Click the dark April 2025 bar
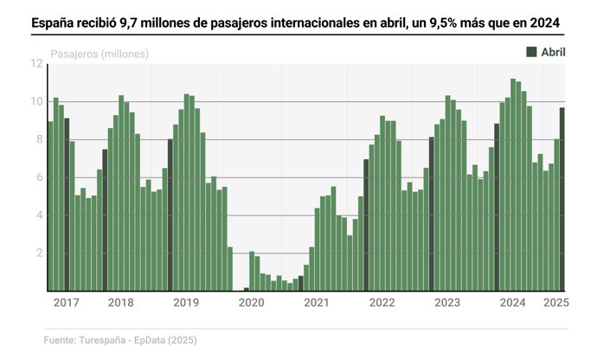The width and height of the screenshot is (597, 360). (x=562, y=199)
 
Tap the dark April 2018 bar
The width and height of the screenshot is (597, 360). (x=105, y=220)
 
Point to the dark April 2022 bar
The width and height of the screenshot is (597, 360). (x=366, y=225)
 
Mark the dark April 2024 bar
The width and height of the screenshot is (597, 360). (x=497, y=207)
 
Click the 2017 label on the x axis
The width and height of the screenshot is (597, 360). (x=67, y=303)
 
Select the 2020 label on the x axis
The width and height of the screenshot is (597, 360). (x=251, y=303)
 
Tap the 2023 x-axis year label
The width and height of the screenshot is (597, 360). (x=447, y=303)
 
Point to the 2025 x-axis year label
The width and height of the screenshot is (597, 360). (x=555, y=303)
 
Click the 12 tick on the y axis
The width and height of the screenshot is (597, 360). (x=36, y=64)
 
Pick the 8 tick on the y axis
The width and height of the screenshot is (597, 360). (x=39, y=140)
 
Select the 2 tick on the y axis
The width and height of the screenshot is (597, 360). (x=39, y=254)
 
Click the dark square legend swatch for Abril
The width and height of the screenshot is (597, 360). (x=531, y=52)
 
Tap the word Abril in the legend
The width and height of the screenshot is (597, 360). (x=554, y=52)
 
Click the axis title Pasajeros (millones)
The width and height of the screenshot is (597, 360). (x=99, y=54)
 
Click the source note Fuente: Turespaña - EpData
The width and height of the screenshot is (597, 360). (x=120, y=340)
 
